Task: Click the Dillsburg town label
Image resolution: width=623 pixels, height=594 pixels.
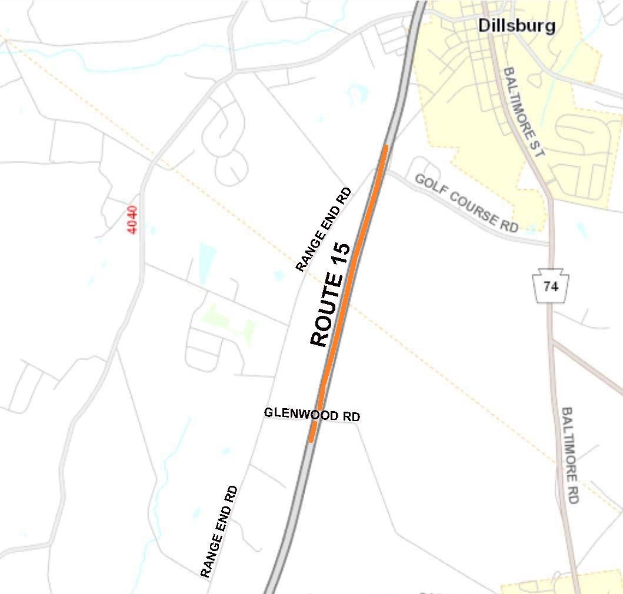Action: (x=517, y=25)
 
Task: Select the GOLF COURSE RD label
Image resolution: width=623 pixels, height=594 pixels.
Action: (x=466, y=203)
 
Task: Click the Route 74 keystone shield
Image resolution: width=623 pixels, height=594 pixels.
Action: (x=551, y=286)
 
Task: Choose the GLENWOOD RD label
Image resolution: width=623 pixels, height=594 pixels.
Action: (x=312, y=415)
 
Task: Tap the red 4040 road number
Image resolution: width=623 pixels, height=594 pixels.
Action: (x=134, y=219)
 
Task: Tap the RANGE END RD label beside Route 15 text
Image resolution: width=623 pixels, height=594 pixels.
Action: (x=323, y=230)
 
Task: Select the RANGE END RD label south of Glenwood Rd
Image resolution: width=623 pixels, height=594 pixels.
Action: (x=219, y=531)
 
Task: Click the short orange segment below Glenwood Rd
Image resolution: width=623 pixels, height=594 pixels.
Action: (x=313, y=431)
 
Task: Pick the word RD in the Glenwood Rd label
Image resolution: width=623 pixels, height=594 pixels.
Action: (x=351, y=416)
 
